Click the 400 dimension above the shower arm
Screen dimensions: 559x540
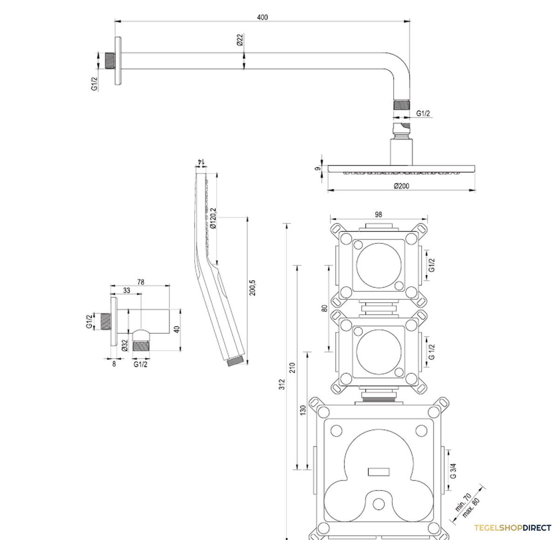262,17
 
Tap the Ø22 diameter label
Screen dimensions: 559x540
240,40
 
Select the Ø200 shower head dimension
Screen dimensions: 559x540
401,186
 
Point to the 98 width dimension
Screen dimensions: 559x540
378,215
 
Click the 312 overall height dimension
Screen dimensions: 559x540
282,384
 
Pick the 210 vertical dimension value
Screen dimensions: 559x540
292,368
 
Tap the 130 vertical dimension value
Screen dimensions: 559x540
303,410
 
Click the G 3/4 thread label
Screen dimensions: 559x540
453,471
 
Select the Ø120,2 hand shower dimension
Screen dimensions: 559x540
213,218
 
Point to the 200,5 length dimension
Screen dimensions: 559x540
252,288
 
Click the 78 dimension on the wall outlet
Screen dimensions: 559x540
141,282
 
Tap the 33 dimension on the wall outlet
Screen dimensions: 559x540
126,291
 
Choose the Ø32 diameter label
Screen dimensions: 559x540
124,345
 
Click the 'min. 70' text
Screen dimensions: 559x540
463,502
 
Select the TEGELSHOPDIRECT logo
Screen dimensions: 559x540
512,528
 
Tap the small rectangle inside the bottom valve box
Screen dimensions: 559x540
379,472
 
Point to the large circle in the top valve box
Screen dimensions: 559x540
379,265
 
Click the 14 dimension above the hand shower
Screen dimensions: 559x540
201,161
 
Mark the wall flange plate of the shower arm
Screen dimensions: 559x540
118,61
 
